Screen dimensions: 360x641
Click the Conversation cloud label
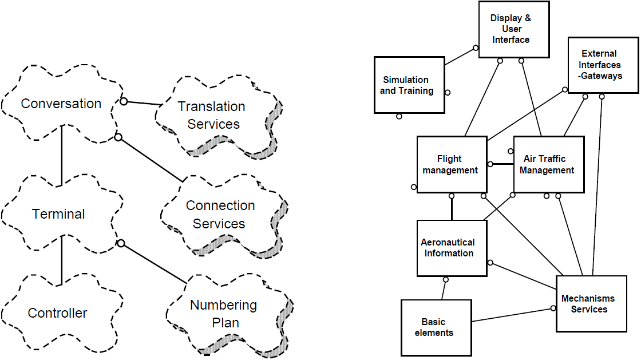[61, 104]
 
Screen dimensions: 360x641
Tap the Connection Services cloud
[220, 214]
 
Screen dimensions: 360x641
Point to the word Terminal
[58, 214]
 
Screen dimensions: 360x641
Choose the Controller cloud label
[58, 313]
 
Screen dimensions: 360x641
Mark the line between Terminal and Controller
[61, 260]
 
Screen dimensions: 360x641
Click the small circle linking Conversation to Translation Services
[123, 101]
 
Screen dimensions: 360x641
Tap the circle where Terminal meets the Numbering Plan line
[121, 243]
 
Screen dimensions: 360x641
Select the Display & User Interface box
[513, 29]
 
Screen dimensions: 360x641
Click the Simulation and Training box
[409, 85]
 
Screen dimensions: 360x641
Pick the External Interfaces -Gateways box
[603, 65]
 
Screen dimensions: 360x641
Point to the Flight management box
[452, 164]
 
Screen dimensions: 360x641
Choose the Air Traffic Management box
[548, 164]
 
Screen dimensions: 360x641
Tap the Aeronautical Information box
[452, 248]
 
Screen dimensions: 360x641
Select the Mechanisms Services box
[589, 304]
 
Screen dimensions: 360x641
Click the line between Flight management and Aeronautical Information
[452, 208]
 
